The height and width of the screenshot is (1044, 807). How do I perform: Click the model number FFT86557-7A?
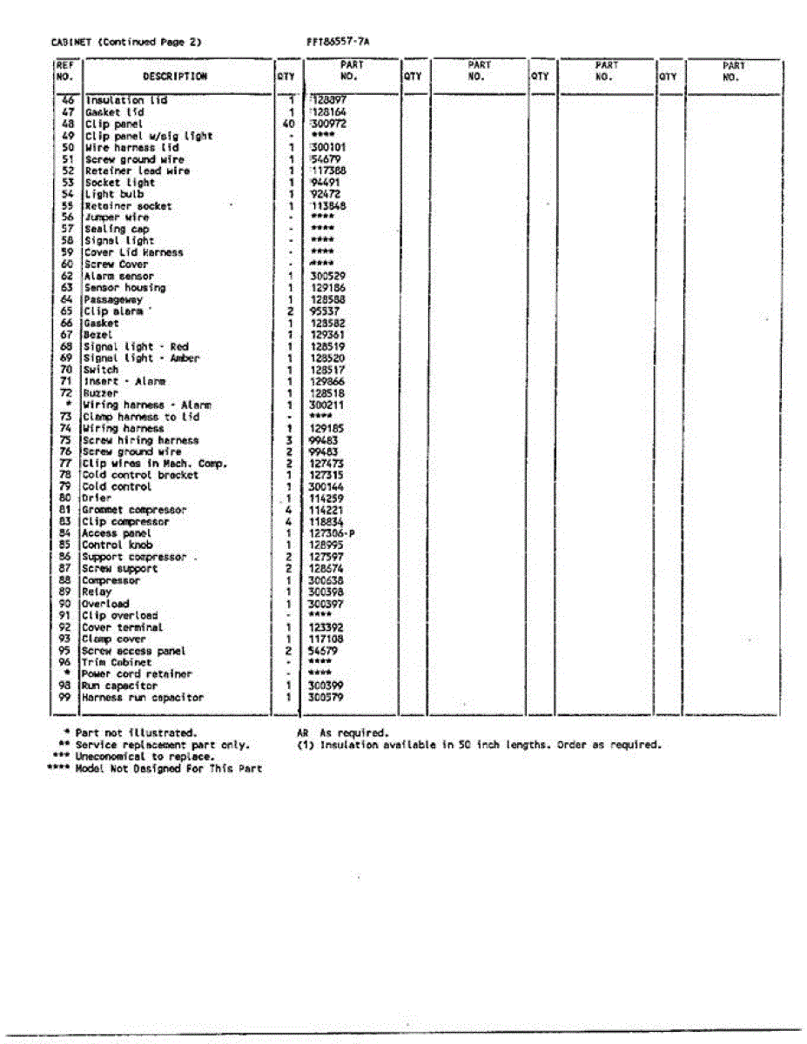[x=338, y=41]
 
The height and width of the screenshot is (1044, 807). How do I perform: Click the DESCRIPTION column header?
[x=175, y=76]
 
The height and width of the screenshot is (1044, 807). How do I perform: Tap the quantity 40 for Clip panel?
[x=288, y=124]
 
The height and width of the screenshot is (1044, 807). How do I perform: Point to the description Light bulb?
[x=114, y=194]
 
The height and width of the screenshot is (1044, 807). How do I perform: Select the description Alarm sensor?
[x=119, y=276]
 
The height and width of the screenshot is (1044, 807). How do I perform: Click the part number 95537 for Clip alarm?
[x=325, y=311]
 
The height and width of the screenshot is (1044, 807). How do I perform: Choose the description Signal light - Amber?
[x=141, y=358]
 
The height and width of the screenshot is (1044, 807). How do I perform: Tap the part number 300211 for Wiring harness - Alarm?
[x=326, y=405]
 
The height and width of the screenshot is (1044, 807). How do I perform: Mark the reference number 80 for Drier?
[x=64, y=499]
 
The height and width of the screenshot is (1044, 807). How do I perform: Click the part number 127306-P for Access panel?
[x=332, y=533]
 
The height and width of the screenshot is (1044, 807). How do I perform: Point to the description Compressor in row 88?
[x=111, y=580]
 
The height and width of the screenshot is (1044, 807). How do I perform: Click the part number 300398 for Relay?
[x=326, y=592]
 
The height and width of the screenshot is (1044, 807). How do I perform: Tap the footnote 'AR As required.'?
[x=342, y=733]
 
